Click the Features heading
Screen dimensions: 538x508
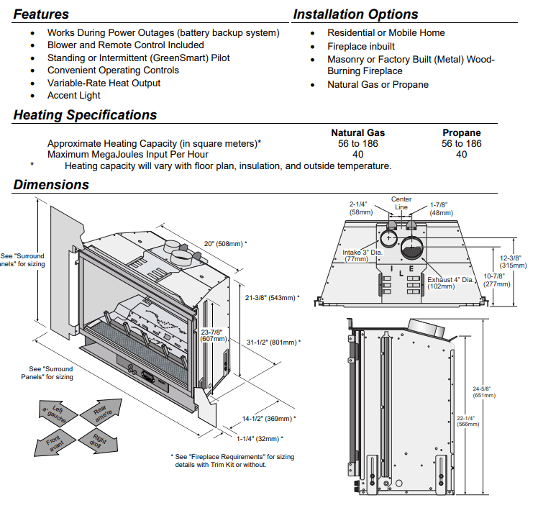coord(41,14)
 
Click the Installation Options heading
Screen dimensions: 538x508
coord(355,14)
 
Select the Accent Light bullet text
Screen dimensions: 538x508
coord(74,96)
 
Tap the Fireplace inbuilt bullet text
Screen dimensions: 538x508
coord(361,46)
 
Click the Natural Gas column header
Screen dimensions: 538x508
coord(358,133)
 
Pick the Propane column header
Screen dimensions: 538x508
coord(462,133)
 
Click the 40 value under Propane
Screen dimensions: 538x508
coord(462,155)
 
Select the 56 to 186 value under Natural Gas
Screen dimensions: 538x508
coord(358,143)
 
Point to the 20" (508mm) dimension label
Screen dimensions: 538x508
coord(225,244)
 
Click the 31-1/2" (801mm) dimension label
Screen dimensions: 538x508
coord(273,343)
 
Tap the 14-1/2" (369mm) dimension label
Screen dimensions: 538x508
coord(269,418)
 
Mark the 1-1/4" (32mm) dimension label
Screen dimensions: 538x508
coord(260,439)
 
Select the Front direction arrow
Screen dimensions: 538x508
coord(54,443)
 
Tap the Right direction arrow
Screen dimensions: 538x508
coord(99,441)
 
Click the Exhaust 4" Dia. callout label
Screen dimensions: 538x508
coord(450,283)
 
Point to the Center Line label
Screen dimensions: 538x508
coord(401,203)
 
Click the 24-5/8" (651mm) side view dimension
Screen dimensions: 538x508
coord(484,392)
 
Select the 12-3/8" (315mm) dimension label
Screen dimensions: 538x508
coord(513,261)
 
